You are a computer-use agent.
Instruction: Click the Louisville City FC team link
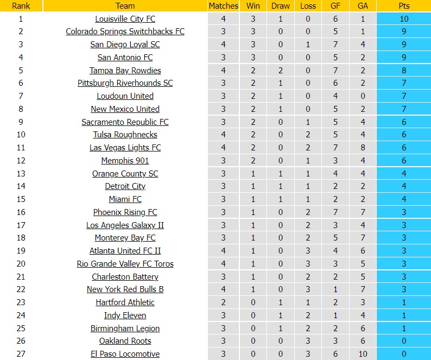(125, 19)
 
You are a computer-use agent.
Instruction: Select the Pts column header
(404, 6)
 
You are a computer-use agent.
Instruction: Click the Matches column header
(223, 6)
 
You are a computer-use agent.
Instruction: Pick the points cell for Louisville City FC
(404, 19)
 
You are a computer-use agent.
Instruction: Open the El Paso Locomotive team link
(125, 354)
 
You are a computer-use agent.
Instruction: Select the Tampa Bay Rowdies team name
(125, 71)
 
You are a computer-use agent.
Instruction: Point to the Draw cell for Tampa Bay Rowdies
(280, 71)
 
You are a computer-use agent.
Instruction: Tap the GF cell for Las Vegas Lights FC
(335, 148)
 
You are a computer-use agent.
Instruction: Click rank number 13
(21, 174)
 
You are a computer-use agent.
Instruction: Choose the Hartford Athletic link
(125, 302)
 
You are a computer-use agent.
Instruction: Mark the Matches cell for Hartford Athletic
(223, 302)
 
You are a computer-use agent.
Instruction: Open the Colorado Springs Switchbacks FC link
(125, 31)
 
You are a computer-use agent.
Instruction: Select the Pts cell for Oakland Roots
(404, 341)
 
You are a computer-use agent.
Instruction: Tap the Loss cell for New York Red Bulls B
(308, 289)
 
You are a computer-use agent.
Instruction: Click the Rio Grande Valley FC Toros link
(125, 264)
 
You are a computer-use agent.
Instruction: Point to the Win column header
(252, 6)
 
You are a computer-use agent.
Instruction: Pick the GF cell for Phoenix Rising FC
(335, 212)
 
